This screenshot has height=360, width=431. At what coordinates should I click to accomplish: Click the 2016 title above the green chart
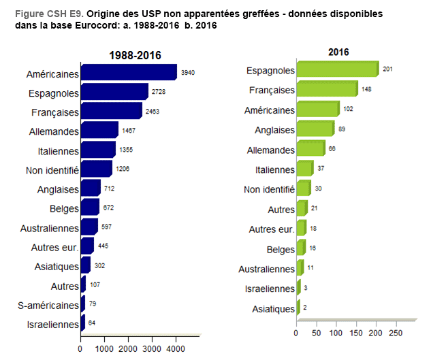pyautogui.click(x=338, y=52)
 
